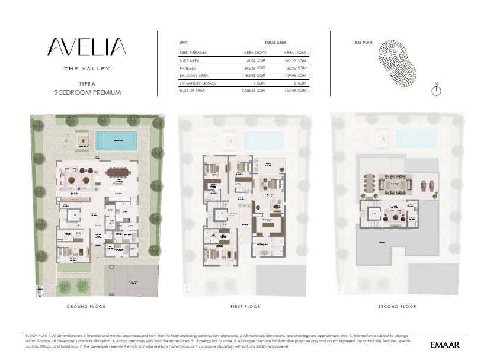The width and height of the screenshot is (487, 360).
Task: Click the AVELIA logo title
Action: (86, 48)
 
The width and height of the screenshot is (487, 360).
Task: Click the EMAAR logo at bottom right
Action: (445, 343)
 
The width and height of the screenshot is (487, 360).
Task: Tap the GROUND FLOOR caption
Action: (86, 306)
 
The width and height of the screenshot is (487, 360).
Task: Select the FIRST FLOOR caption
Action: (245, 306)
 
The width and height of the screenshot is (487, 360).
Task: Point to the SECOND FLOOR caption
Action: (397, 306)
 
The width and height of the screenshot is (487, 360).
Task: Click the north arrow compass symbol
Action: (436, 90)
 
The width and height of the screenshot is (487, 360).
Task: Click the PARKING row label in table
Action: (187, 68)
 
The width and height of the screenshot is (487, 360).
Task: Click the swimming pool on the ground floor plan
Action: (116, 141)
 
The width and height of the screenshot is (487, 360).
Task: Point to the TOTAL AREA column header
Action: (275, 43)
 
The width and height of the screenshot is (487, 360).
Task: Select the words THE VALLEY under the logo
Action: (87, 68)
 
